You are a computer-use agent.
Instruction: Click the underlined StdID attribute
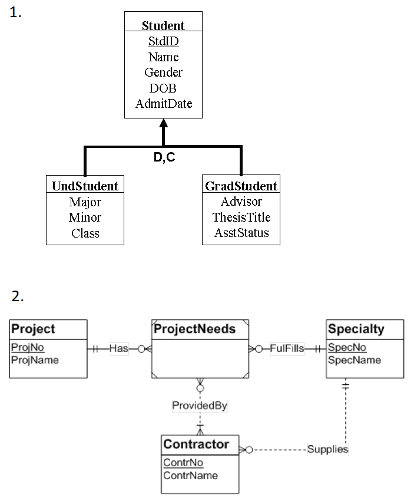163,41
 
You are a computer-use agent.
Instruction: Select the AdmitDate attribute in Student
164,104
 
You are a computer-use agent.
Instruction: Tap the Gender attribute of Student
163,73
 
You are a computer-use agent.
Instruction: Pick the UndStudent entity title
85,186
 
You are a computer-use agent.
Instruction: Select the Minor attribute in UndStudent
85,218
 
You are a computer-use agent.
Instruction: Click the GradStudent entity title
241,186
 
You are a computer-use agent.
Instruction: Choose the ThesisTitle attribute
241,217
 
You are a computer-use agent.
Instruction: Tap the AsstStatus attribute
241,233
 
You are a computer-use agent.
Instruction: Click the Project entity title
33,329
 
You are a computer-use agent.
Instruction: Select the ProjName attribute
35,360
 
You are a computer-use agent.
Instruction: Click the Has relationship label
118,348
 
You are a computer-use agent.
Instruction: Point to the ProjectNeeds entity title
194,329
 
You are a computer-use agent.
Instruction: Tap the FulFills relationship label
287,348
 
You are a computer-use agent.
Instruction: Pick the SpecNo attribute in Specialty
347,348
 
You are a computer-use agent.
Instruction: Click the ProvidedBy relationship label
200,406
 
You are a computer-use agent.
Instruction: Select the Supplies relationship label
327,449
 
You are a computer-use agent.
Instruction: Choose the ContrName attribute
190,475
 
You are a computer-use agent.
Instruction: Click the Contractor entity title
196,444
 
